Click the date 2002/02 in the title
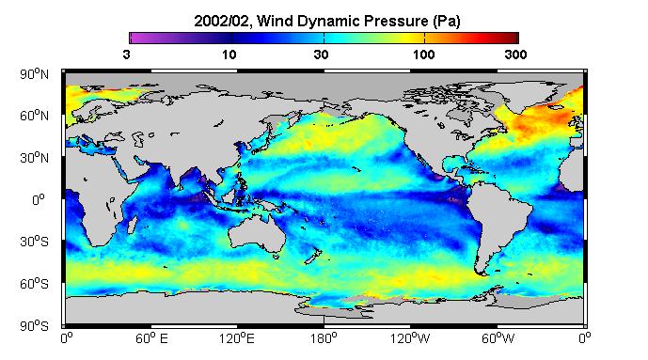coord(222,21)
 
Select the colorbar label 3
coord(126,55)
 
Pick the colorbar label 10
coord(229,55)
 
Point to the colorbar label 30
coord(321,55)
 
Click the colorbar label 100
coord(423,55)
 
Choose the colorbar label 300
coord(515,55)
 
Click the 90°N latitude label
coord(34,74)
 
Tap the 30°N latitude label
coord(34,158)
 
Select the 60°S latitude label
coord(34,284)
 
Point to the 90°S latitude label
coord(34,326)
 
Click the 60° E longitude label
coord(151,338)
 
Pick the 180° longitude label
coord(324,338)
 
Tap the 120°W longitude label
coord(410,338)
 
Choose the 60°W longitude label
coord(498,338)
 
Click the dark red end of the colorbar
coord(514,38)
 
